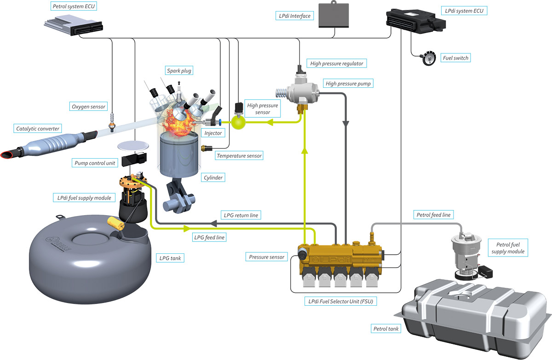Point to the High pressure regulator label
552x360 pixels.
[x=337, y=63]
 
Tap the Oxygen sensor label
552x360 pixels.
[x=88, y=107]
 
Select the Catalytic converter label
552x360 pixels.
[x=38, y=128]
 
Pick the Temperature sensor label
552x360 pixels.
[x=239, y=156]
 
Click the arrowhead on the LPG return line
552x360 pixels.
[x=213, y=223]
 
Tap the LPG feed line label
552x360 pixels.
[x=209, y=237]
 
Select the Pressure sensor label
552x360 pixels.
[x=266, y=257]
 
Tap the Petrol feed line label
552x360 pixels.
[x=433, y=215]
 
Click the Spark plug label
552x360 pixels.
[x=179, y=71]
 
